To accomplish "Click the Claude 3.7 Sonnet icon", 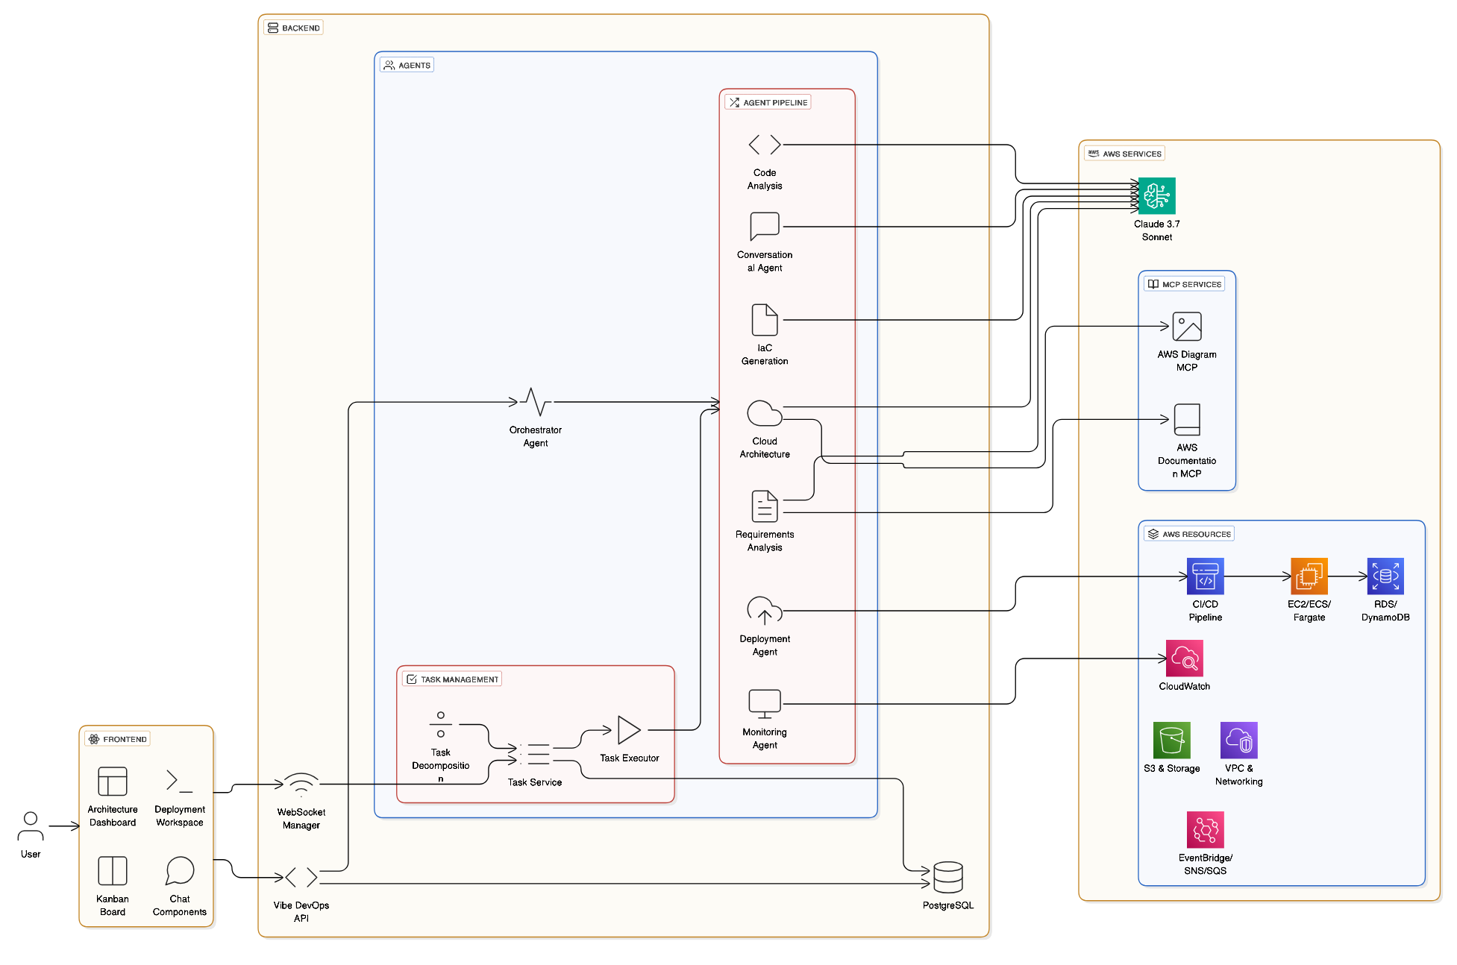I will (x=1156, y=196).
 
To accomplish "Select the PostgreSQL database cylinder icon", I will (x=947, y=878).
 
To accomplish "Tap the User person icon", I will (x=31, y=826).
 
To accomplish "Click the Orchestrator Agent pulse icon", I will (x=536, y=403).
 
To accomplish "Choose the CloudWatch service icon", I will (x=1184, y=658).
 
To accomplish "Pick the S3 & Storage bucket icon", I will (x=1171, y=741).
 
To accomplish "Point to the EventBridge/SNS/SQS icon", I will (x=1205, y=830).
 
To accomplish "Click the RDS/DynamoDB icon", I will (x=1385, y=576).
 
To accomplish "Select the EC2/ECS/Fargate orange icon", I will (x=1309, y=576).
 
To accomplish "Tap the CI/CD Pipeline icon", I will (x=1205, y=576).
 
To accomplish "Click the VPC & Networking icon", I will (x=1238, y=741).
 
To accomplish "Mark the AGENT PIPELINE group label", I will (x=768, y=103).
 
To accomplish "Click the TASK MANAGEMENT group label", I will (x=452, y=679).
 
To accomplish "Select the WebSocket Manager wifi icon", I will (x=301, y=785).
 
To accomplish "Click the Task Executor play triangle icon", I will (x=629, y=730).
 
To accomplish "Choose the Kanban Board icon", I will (x=113, y=871).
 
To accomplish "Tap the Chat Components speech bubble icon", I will (x=180, y=870).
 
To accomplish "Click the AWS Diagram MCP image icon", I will (x=1186, y=327).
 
